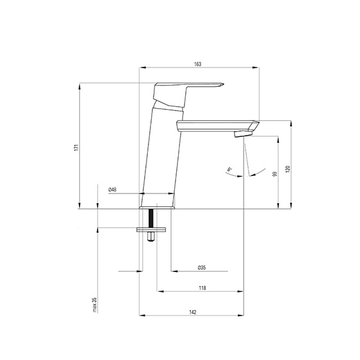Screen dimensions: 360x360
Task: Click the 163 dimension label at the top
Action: pos(197,64)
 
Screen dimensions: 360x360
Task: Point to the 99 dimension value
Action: pos(274,174)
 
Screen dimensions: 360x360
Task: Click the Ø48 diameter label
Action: pos(113,189)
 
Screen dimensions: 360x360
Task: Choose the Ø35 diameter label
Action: pos(201,267)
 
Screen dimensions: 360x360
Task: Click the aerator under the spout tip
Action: pos(243,133)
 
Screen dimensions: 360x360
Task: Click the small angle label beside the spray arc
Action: pos(229,170)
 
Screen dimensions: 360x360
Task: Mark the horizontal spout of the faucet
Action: pos(215,124)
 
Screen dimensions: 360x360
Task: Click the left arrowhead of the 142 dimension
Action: pos(143,316)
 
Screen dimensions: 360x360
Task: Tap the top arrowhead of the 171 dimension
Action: pos(79,85)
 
